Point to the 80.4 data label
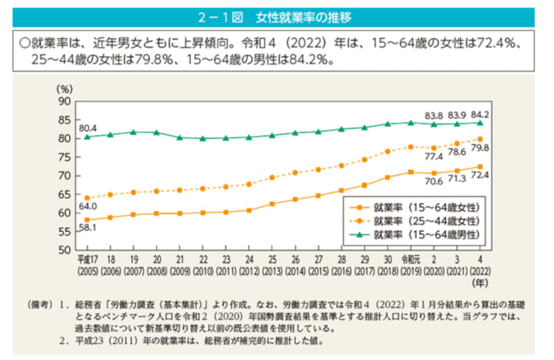pos(86,128)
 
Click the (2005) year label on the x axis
pos(85,274)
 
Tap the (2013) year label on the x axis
pos(271,274)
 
